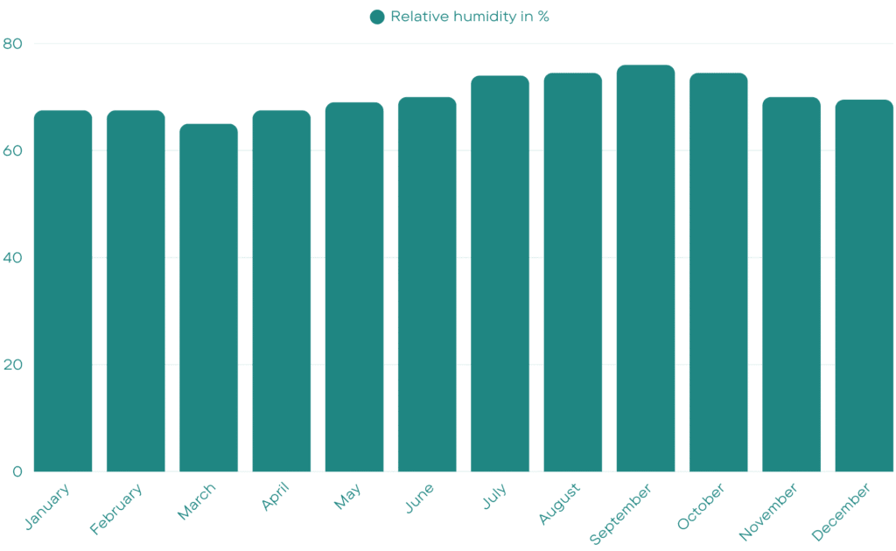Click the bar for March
pyautogui.click(x=208, y=297)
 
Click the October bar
pyautogui.click(x=718, y=272)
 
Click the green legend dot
pyautogui.click(x=377, y=17)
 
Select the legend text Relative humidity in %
pyautogui.click(x=470, y=17)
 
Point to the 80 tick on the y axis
pyautogui.click(x=13, y=44)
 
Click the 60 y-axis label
pyautogui.click(x=13, y=150)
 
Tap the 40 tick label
pyautogui.click(x=13, y=258)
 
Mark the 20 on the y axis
pyautogui.click(x=13, y=365)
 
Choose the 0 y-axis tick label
pyautogui.click(x=17, y=472)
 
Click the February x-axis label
pyautogui.click(x=117, y=508)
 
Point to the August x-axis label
pyautogui.click(x=559, y=504)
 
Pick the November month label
pyautogui.click(x=769, y=512)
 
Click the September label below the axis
pyautogui.click(x=621, y=514)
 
